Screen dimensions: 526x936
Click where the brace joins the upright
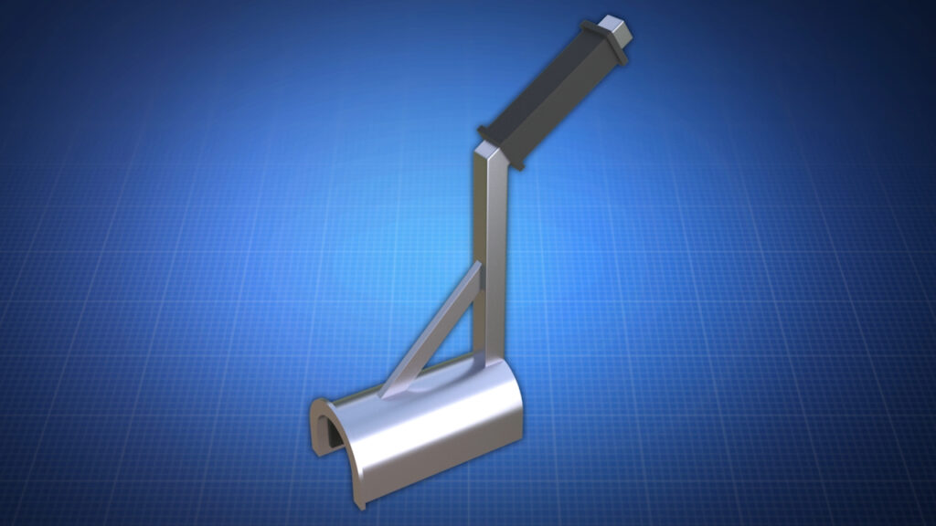point(477,269)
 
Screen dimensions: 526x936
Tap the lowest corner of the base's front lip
point(360,507)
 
